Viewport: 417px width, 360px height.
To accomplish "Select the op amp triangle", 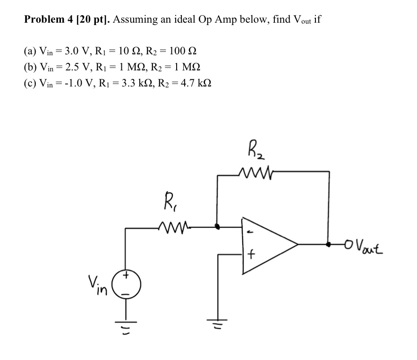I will tap(267, 245).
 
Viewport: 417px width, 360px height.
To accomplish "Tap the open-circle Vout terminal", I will tap(349, 244).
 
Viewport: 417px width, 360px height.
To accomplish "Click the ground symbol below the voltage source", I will tap(126, 322).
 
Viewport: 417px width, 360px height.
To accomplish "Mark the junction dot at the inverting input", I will tap(217, 227).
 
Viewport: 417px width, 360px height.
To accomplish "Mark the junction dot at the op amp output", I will tap(329, 244).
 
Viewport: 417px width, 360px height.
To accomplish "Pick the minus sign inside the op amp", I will tap(251, 232).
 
